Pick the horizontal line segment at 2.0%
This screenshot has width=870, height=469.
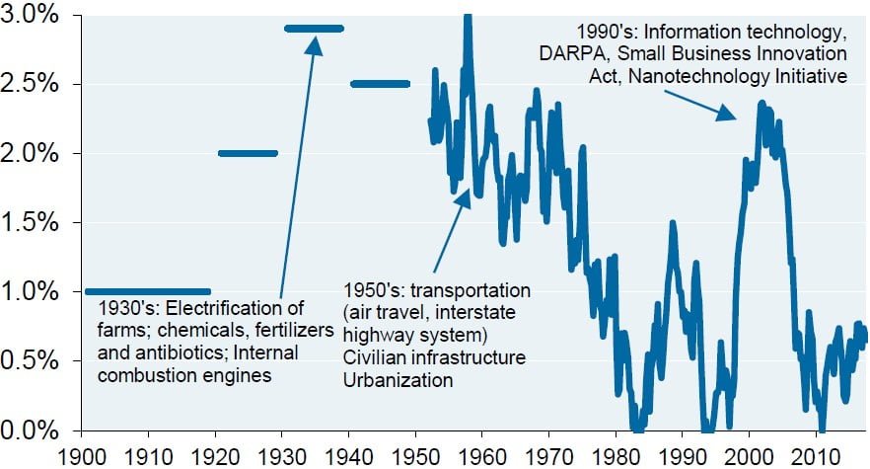click(248, 153)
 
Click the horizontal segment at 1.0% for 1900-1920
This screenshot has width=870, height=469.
click(148, 291)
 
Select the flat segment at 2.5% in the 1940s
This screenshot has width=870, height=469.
click(380, 84)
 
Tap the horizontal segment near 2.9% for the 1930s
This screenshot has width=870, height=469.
click(314, 28)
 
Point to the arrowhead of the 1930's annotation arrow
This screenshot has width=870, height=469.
click(315, 41)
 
